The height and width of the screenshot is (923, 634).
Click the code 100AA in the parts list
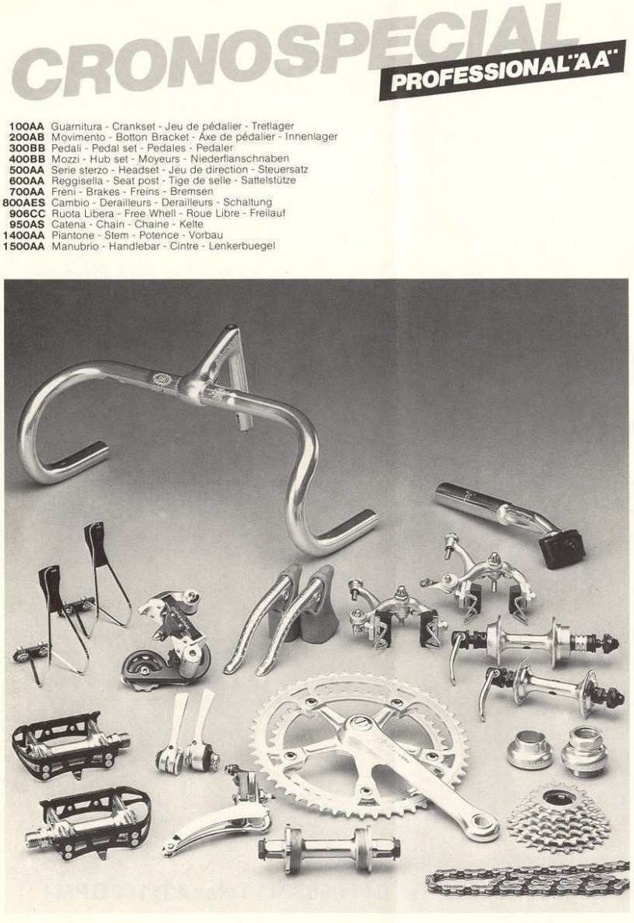coord(27,126)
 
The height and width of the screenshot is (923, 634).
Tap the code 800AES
coord(24,203)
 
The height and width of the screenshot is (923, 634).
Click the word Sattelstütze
coord(268,181)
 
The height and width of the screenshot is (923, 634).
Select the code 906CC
coord(27,213)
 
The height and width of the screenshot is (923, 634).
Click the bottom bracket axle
coord(329,847)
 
